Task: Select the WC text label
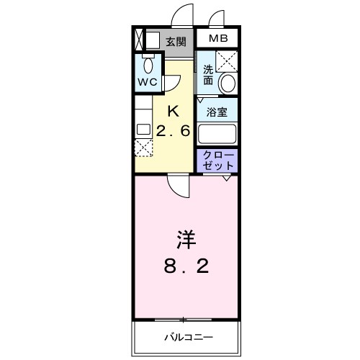[x=147, y=83]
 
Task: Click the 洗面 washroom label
[x=207, y=74]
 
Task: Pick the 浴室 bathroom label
[x=217, y=112]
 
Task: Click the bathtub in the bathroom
[x=217, y=135]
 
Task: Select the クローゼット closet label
[x=217, y=161]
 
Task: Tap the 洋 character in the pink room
[x=184, y=238]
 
